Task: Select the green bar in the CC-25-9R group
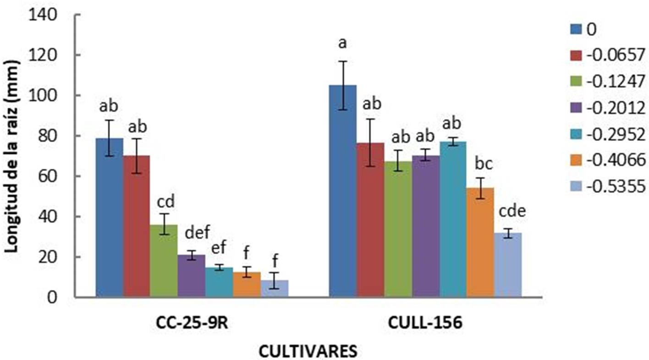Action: pyautogui.click(x=164, y=261)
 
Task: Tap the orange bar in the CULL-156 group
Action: pyautogui.click(x=480, y=243)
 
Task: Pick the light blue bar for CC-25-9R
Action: pyautogui.click(x=274, y=289)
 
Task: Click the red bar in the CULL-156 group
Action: pyautogui.click(x=370, y=220)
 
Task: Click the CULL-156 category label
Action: pyautogui.click(x=425, y=324)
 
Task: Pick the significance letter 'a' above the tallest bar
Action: pyautogui.click(x=342, y=44)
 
